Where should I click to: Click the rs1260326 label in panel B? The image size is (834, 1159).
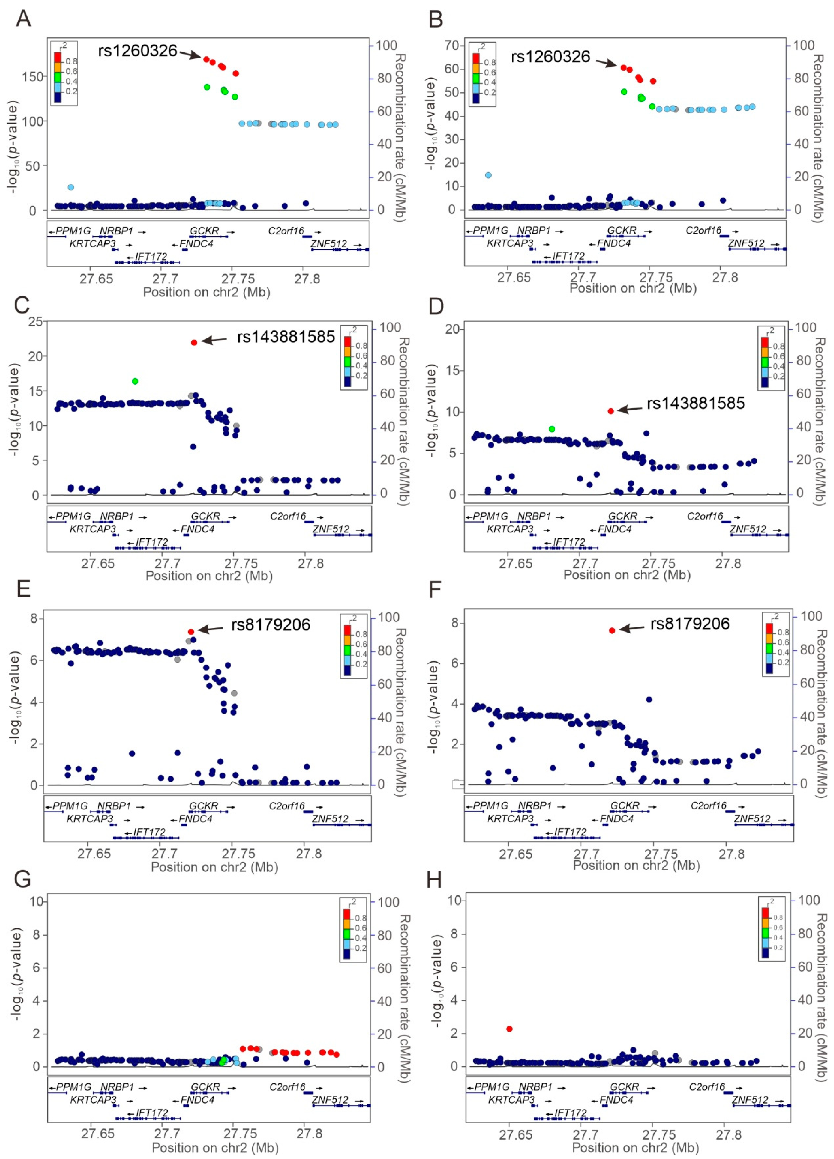coord(550,57)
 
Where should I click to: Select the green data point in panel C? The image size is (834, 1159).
coord(135,381)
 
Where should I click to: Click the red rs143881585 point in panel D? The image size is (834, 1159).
coord(610,411)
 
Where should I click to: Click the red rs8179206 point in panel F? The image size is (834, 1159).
coord(612,630)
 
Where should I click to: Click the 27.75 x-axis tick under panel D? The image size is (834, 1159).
coord(658,564)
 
